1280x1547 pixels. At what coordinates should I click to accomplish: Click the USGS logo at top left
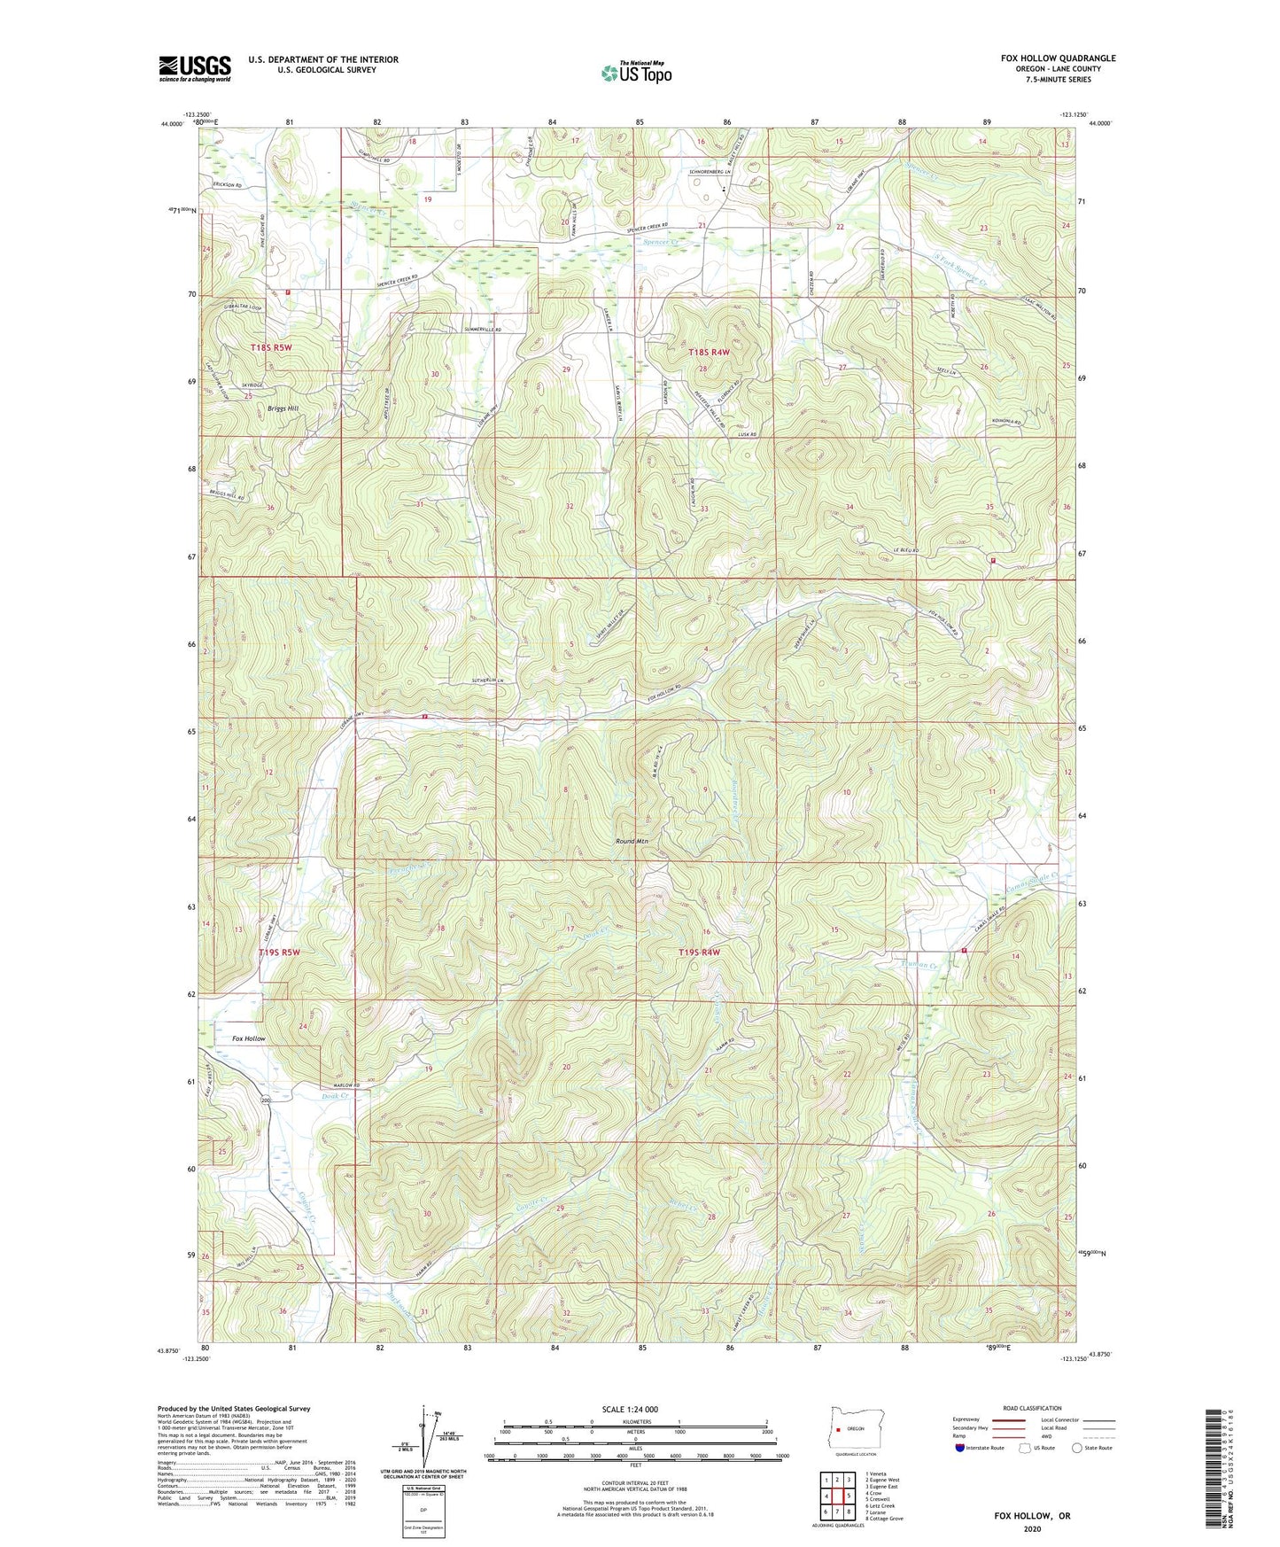click(x=194, y=68)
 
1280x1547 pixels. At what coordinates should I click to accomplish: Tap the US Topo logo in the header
click(x=636, y=73)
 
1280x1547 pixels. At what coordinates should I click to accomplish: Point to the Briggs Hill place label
click(x=283, y=408)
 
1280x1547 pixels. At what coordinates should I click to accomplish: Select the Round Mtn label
click(x=632, y=842)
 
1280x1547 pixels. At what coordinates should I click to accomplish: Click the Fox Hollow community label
click(x=248, y=1038)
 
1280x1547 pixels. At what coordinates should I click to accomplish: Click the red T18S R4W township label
click(x=709, y=353)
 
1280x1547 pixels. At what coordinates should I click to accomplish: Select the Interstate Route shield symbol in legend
click(x=961, y=1448)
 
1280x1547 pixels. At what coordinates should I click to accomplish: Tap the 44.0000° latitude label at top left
click(x=173, y=125)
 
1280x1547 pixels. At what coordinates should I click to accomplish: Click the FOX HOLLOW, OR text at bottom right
click(x=1032, y=1516)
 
